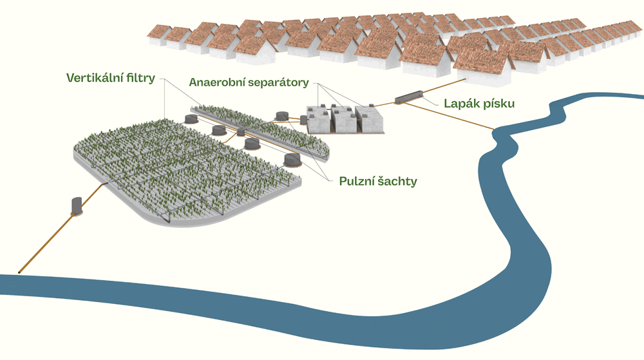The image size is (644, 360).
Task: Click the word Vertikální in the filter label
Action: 92,79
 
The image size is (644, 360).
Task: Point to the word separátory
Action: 279,83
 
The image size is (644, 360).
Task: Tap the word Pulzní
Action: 357,182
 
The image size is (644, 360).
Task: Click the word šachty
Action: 398,182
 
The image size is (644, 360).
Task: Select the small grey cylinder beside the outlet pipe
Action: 77,205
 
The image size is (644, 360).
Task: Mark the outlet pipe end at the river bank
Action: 21,271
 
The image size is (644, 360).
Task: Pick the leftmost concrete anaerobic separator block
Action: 317,118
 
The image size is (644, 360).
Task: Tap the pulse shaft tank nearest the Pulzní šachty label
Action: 292,158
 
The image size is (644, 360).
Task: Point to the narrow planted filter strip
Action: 258,128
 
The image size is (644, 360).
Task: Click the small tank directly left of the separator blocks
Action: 281,116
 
